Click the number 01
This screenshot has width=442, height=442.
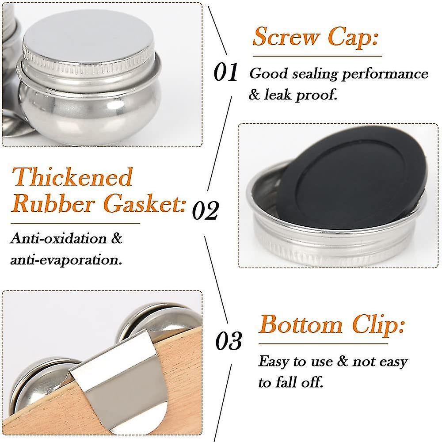226,72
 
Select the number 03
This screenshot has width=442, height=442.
229,341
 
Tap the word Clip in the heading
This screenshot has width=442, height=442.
378,326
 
